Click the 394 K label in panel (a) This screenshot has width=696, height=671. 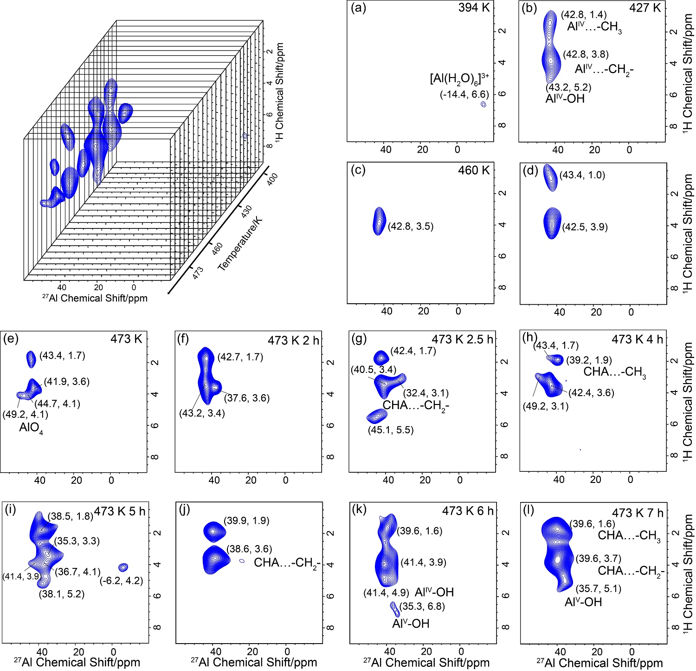474,8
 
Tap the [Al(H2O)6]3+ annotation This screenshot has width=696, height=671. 460,79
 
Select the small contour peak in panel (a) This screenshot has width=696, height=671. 483,104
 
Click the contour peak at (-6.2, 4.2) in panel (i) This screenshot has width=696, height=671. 123,567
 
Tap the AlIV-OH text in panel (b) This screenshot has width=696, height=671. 565,99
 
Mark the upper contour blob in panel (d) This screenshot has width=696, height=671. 550,177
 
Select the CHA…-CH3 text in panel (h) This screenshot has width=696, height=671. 615,372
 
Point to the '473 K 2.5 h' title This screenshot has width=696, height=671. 462,339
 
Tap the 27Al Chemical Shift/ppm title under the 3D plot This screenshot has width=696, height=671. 95,299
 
